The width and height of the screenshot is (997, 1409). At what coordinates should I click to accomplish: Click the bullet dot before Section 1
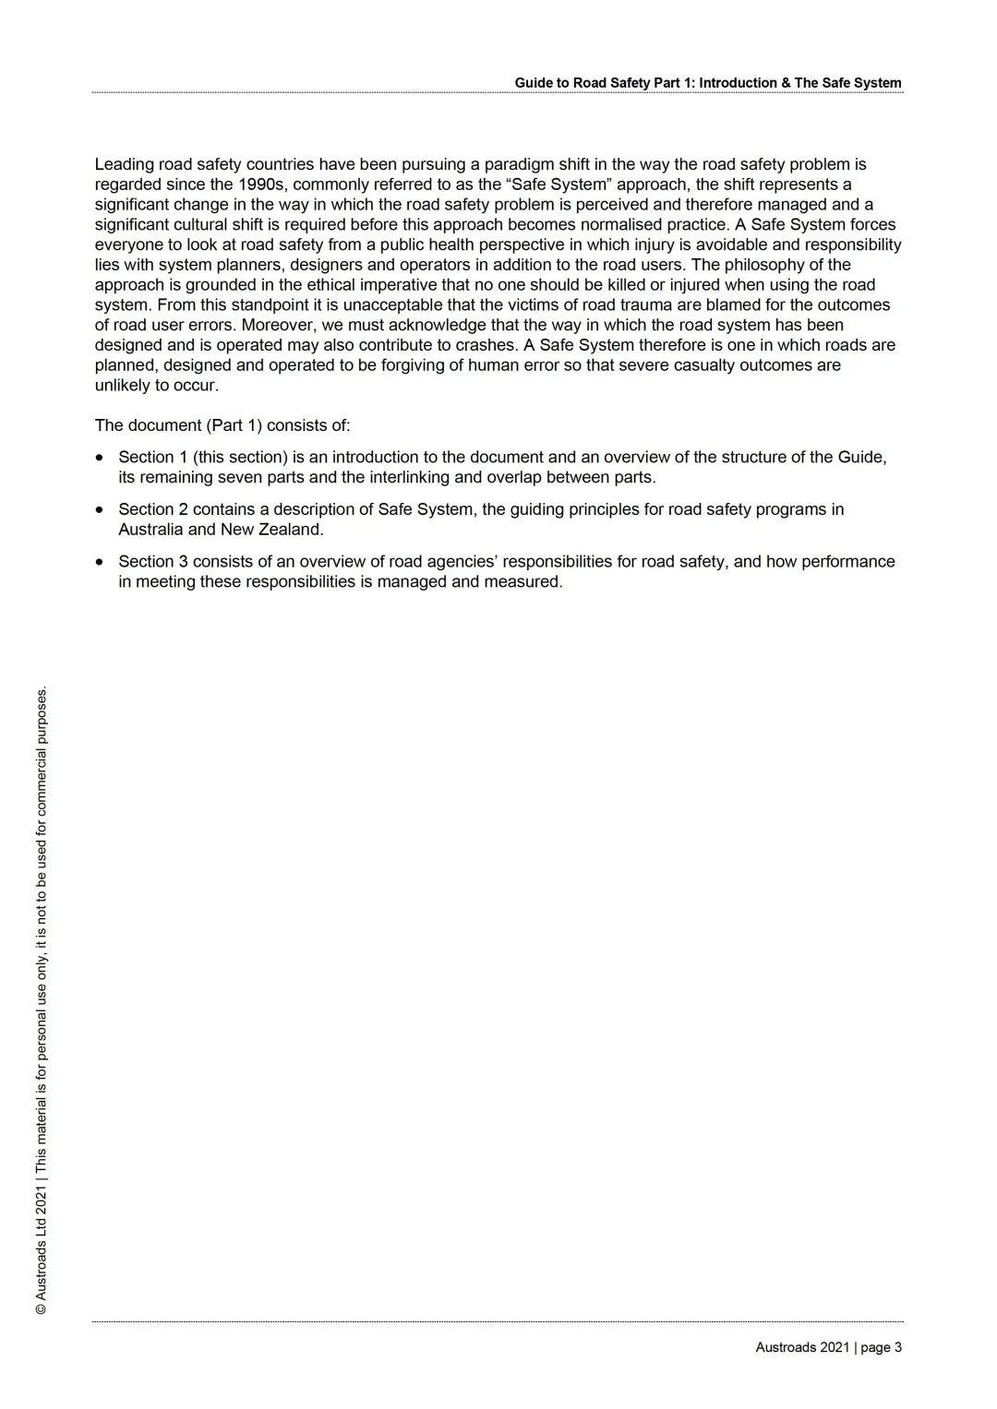point(100,458)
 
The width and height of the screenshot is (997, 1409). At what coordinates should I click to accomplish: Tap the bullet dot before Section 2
point(100,509)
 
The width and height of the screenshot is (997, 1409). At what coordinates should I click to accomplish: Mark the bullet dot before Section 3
point(100,562)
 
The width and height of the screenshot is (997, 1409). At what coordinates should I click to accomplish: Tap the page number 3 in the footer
point(897,1348)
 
